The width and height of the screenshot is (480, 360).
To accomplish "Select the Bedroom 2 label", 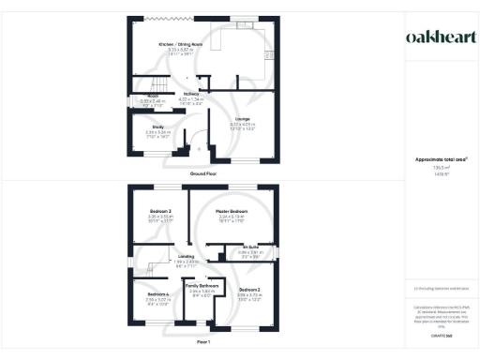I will [x=248, y=290].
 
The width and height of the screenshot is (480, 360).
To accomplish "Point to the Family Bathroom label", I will [x=202, y=285].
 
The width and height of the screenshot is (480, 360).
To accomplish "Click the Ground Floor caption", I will [x=202, y=174].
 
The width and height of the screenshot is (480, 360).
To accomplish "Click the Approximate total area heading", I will [x=435, y=159].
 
